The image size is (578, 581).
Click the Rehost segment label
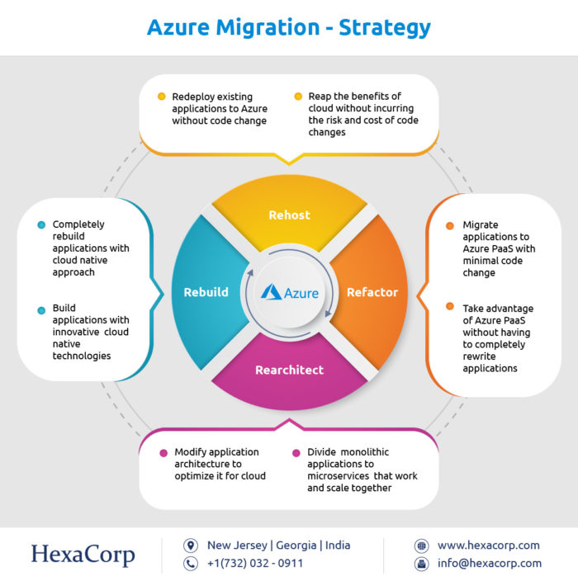(289, 215)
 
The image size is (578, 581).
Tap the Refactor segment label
(372, 292)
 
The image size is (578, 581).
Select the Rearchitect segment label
(289, 370)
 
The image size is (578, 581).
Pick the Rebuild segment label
(206, 292)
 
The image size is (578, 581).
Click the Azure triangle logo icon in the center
(272, 292)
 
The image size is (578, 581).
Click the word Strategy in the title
(385, 28)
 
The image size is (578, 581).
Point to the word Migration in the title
(268, 28)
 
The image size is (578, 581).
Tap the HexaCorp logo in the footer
(83, 555)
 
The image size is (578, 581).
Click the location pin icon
(191, 546)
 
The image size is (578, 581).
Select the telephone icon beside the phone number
(191, 564)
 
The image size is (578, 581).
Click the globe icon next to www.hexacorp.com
(422, 546)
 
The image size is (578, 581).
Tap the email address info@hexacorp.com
(490, 563)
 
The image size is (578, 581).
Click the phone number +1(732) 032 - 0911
(255, 563)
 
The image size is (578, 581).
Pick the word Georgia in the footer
(296, 546)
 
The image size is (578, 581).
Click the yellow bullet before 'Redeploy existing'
(161, 97)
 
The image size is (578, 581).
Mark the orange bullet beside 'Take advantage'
(450, 306)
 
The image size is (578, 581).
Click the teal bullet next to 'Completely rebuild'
(41, 224)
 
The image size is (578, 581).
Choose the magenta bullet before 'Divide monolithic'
(296, 453)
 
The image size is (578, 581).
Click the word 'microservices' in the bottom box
(338, 475)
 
